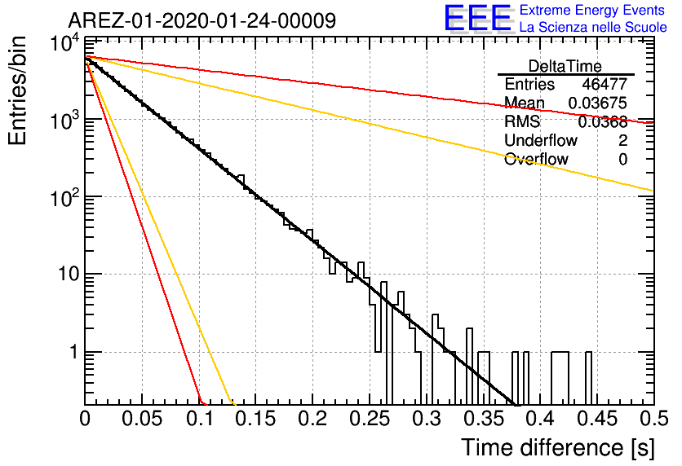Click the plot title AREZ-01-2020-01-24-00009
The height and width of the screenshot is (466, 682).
[x=201, y=20]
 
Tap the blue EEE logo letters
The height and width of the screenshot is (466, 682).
[x=477, y=19]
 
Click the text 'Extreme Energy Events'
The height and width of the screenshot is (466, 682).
[x=592, y=10]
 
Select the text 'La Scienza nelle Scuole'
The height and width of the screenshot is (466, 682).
[x=593, y=28]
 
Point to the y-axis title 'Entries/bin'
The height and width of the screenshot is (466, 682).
[x=18, y=90]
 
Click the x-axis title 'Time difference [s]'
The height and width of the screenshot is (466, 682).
[x=558, y=447]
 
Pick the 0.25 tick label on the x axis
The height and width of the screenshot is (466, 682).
[x=369, y=419]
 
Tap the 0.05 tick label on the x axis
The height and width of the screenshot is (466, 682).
[x=142, y=419]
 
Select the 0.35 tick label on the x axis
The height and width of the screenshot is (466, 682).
[x=483, y=419]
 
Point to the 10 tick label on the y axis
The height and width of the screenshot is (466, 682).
[x=69, y=275]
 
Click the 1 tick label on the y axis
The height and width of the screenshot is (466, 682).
[x=73, y=352]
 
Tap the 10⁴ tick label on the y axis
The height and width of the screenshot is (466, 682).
[x=65, y=43]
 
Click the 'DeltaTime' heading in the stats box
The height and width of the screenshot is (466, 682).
[x=565, y=66]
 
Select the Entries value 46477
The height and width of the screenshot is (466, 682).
[x=604, y=84]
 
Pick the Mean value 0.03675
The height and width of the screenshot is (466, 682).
[x=598, y=103]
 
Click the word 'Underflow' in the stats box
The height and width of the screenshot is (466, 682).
[x=541, y=140]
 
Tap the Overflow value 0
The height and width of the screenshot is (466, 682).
[x=622, y=160]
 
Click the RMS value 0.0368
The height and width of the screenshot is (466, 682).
[x=602, y=122]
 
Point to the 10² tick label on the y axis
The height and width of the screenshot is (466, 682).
[x=65, y=198]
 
